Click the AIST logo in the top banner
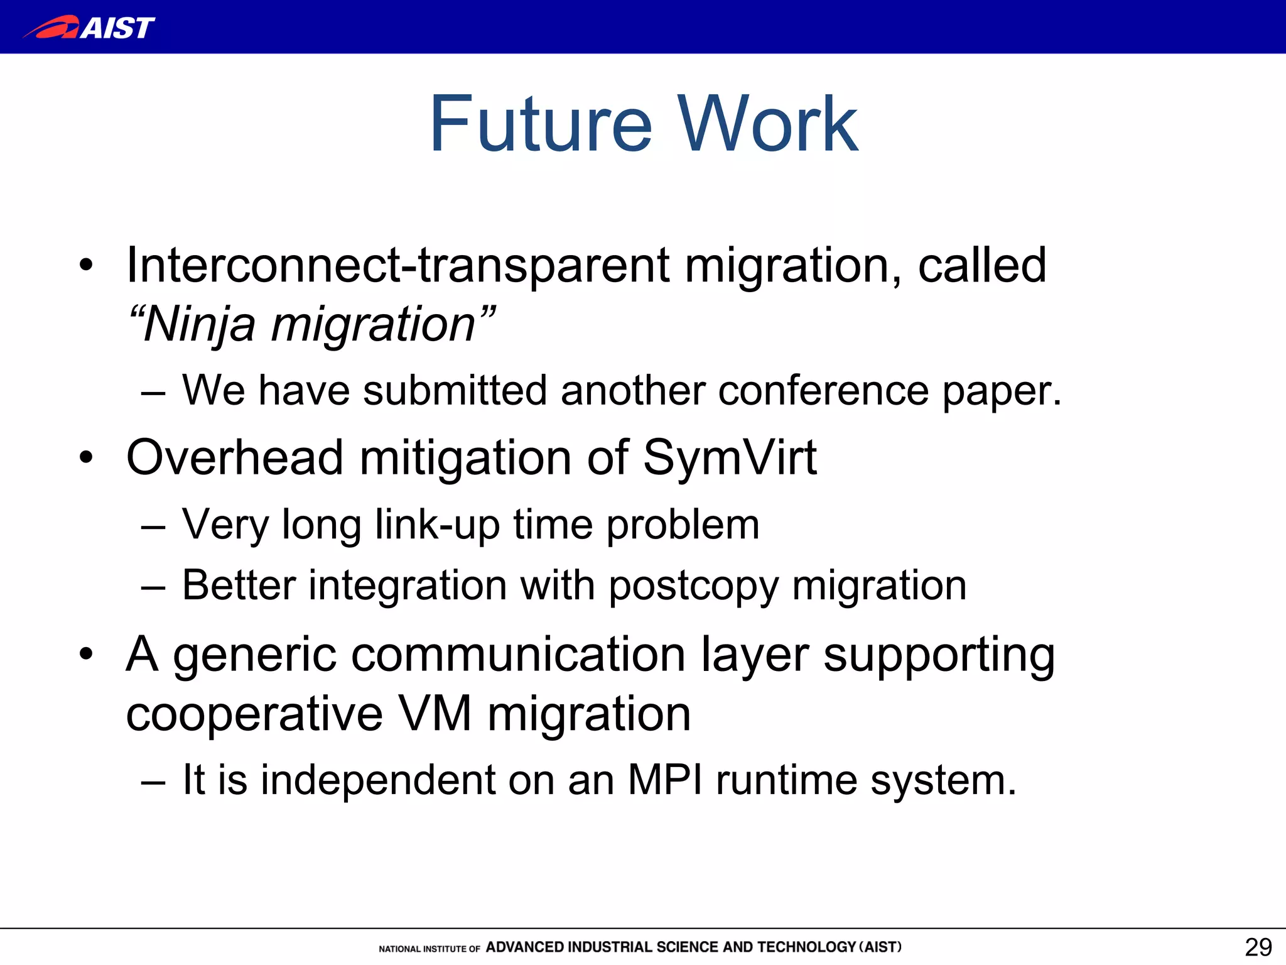[x=89, y=27]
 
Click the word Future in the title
[x=541, y=124]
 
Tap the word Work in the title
[x=767, y=124]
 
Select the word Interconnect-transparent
[x=397, y=265]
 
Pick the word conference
[x=823, y=391]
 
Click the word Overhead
[x=234, y=457]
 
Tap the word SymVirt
[x=730, y=457]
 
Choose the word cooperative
[x=254, y=715]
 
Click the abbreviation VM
[x=435, y=715]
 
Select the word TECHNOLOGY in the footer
[x=806, y=947]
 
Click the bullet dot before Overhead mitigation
[x=86, y=458]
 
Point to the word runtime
[x=786, y=780]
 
